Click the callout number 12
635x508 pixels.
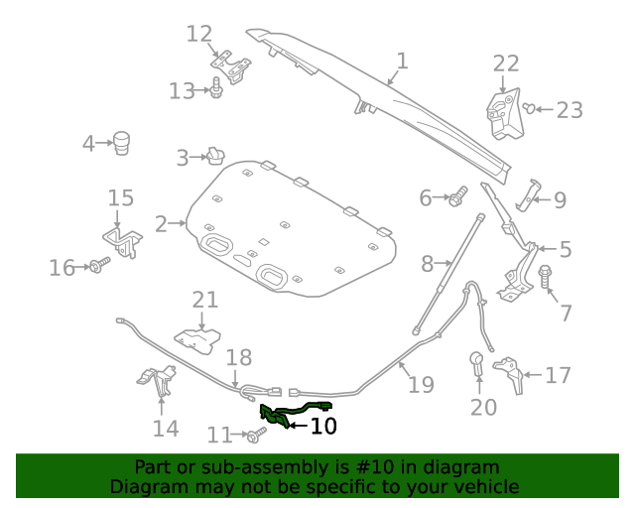[199, 34]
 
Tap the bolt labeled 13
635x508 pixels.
[216, 87]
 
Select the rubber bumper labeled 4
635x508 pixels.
[121, 143]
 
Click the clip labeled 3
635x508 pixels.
[216, 157]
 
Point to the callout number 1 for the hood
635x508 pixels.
[402, 61]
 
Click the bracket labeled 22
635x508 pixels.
[504, 114]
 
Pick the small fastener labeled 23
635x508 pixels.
[529, 108]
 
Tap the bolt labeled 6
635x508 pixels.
[458, 195]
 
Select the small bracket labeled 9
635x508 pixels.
[528, 195]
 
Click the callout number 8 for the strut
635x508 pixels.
[428, 264]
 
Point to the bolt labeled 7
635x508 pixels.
[546, 276]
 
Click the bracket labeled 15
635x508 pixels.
[123, 242]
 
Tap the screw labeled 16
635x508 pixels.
[99, 265]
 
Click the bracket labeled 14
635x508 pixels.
[157, 381]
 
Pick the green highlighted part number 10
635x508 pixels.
[296, 414]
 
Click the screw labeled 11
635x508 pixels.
[257, 435]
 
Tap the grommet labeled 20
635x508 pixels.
[476, 363]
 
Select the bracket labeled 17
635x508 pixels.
[509, 374]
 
